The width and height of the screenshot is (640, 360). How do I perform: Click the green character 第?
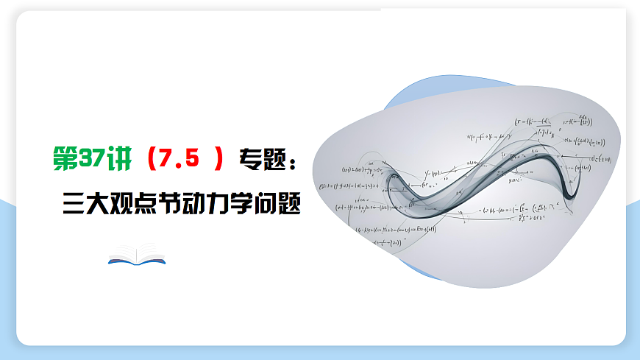(65, 159)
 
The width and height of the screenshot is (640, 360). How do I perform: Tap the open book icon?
(137, 255)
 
